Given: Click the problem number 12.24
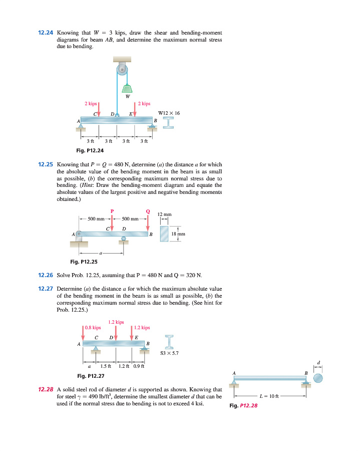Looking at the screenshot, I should click(x=46, y=33).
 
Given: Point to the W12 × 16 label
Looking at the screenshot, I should click(x=169, y=113).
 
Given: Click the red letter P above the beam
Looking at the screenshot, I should click(x=112, y=211).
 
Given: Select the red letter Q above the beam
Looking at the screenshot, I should click(x=148, y=211).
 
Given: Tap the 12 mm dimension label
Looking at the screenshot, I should click(x=164, y=214).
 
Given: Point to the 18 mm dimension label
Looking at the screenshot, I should click(x=178, y=234).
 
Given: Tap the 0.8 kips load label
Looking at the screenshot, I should click(x=93, y=328).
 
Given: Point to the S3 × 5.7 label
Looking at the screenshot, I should click(x=169, y=353).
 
